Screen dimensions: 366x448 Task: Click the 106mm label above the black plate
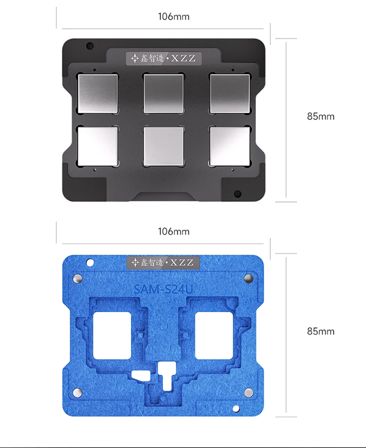[173, 17]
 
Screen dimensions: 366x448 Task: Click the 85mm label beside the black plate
[321, 116]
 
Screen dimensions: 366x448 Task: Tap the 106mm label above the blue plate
[173, 232]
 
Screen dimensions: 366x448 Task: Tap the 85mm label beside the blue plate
[321, 331]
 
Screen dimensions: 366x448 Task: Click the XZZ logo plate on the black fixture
[164, 59]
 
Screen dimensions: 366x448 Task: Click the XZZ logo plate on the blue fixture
[163, 263]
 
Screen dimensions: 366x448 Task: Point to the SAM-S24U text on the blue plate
[163, 289]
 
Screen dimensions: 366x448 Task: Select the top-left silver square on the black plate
[98, 94]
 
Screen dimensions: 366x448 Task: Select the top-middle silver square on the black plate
[164, 94]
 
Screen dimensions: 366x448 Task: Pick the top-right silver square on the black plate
[230, 94]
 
